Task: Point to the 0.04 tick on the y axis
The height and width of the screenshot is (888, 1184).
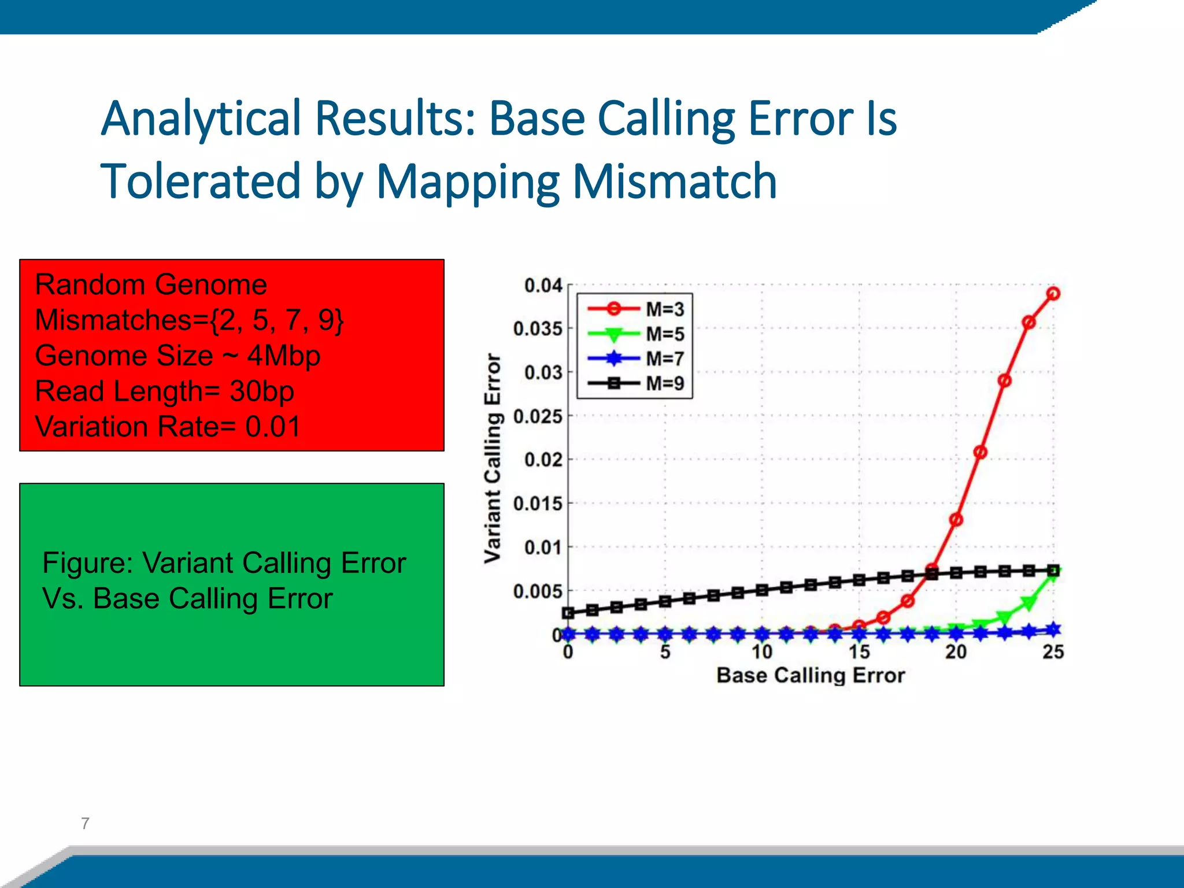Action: tap(543, 286)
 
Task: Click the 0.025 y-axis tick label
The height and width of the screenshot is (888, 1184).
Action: tap(537, 416)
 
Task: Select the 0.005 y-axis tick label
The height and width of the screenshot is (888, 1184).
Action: tap(537, 591)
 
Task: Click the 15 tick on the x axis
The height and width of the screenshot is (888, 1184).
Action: tap(859, 652)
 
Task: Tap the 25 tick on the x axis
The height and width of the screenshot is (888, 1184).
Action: tap(1053, 652)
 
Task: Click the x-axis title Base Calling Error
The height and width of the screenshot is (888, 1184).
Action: tap(811, 675)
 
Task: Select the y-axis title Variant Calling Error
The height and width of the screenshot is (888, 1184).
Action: tap(493, 458)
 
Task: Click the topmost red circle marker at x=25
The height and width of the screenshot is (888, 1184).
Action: tap(1053, 294)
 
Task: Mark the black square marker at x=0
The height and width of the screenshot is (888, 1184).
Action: tap(568, 613)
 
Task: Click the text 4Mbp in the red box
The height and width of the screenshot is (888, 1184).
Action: tap(283, 356)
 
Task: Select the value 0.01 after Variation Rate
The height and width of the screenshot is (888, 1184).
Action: tap(273, 427)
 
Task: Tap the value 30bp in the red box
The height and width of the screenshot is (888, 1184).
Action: tap(261, 391)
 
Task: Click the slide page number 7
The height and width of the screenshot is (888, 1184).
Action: tap(86, 823)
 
